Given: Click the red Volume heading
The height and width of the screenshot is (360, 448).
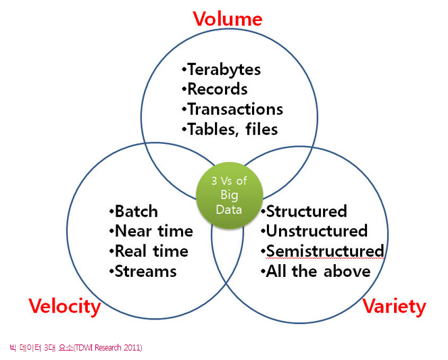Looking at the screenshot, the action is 228,19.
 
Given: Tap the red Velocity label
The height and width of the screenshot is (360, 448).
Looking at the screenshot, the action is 65,307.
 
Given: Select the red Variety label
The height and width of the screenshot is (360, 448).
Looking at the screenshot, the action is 394,307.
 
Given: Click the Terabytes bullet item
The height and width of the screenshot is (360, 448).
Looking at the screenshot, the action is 221,70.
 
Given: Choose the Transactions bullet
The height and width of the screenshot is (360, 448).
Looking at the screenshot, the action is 232,109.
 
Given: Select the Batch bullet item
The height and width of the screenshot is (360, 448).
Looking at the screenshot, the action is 133,211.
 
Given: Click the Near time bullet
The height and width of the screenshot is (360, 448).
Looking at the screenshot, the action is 151,231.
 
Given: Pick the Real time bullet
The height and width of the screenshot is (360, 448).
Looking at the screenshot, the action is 149,251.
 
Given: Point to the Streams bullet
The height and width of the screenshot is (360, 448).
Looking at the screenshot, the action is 143,272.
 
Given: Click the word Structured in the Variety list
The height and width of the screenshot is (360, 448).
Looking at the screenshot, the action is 307,211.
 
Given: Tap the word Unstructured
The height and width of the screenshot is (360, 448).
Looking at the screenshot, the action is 317,231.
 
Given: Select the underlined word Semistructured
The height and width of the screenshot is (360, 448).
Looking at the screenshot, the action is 325,251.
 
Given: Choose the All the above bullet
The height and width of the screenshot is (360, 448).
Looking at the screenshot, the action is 316,272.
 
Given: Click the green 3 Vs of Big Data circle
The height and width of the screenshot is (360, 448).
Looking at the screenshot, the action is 229,196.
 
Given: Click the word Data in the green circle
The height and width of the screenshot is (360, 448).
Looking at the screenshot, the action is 229,209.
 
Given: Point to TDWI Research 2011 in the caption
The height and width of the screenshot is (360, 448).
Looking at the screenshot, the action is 108,348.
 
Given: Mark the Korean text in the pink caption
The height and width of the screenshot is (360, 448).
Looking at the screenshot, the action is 41,348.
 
